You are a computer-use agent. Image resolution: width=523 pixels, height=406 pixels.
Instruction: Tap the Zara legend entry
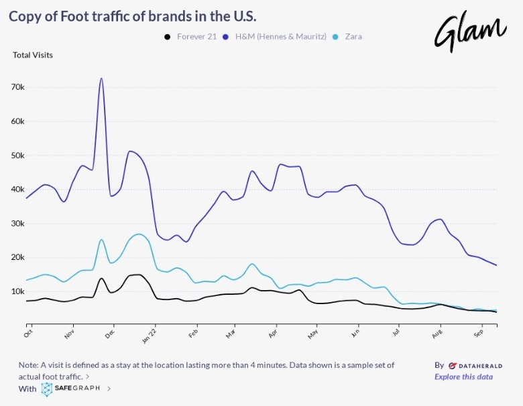(x=353, y=36)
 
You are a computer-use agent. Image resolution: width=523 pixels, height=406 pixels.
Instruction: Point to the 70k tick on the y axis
(x=17, y=88)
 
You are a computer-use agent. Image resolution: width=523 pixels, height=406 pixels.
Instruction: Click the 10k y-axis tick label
(x=17, y=291)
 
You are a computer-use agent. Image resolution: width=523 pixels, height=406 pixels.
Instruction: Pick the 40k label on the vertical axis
(x=17, y=190)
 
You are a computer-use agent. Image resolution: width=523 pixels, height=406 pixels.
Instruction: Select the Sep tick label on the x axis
(x=479, y=332)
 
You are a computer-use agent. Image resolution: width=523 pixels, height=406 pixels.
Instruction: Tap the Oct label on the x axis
(x=28, y=332)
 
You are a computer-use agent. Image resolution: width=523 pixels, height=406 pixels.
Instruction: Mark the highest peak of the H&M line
(x=101, y=78)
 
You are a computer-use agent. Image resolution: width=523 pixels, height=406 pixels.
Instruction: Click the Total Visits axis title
(x=33, y=55)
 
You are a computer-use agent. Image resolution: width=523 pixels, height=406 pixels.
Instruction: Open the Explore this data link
(x=463, y=377)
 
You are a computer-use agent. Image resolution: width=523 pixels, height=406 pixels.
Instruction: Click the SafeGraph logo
(x=70, y=389)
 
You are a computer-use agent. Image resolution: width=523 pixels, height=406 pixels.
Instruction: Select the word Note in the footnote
(x=28, y=365)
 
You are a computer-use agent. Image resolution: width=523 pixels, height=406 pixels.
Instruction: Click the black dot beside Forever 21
(x=168, y=36)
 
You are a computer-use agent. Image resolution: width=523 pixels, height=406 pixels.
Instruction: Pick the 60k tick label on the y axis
(x=17, y=122)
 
